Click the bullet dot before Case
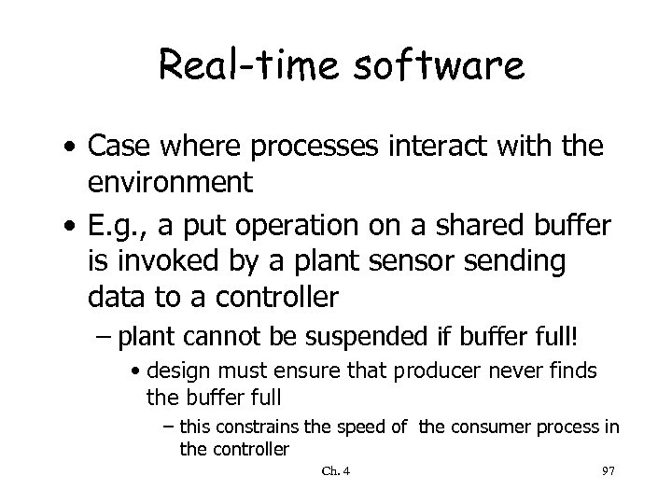(71, 147)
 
